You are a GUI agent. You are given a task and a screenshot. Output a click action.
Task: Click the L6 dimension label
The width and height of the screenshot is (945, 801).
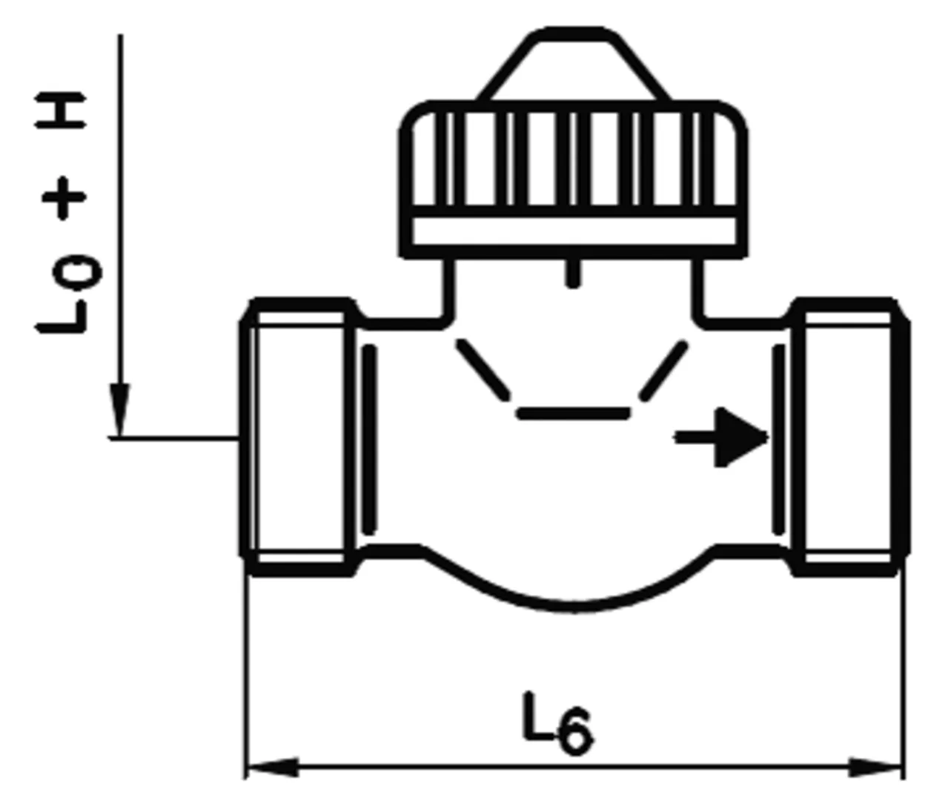coord(557,721)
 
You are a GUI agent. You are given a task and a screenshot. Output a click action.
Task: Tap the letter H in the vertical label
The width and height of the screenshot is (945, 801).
coord(60,111)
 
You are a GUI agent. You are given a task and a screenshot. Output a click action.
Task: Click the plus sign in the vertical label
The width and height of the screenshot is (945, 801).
coord(64,197)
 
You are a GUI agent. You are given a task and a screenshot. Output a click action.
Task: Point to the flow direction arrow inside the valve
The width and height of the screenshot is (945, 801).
coord(721,438)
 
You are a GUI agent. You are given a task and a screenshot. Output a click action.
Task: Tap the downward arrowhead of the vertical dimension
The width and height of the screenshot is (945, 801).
coord(119,409)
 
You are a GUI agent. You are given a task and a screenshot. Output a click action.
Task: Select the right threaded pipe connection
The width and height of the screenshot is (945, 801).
coord(849,437)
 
